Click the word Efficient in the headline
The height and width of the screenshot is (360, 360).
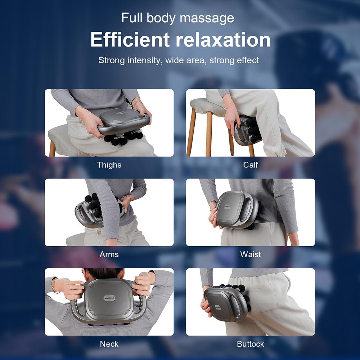click(130, 40)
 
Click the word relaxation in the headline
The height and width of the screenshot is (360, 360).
click(223, 40)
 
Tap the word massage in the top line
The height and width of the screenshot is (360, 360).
click(207, 18)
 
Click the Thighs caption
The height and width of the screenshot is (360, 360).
click(109, 165)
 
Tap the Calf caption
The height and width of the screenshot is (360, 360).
click(251, 165)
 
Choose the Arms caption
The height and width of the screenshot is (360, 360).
click(109, 255)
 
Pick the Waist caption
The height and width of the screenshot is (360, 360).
click(251, 255)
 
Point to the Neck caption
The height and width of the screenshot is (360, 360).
click(109, 344)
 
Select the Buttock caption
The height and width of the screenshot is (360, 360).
click(251, 344)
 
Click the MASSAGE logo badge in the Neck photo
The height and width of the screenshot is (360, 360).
click(109, 298)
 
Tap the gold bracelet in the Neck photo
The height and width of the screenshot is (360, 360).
click(54, 285)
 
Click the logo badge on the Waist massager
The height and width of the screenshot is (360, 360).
click(227, 207)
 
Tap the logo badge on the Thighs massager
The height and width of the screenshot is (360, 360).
click(121, 113)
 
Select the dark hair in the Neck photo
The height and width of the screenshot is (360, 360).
click(102, 274)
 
